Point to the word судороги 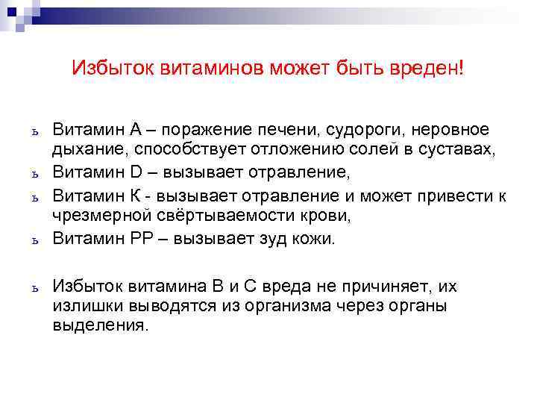[357, 130]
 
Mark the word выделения [99, 326]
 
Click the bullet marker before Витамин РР [35, 240]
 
